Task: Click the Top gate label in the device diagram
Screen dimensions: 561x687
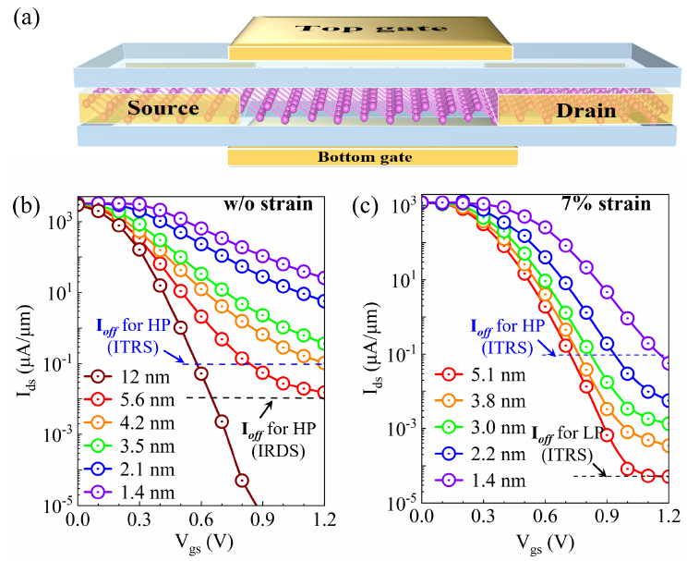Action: pyautogui.click(x=369, y=27)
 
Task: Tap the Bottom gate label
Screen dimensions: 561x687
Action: pyautogui.click(x=373, y=156)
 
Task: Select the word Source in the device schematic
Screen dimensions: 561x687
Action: pyautogui.click(x=163, y=109)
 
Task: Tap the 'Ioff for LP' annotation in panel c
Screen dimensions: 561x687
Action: pyautogui.click(x=563, y=433)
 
